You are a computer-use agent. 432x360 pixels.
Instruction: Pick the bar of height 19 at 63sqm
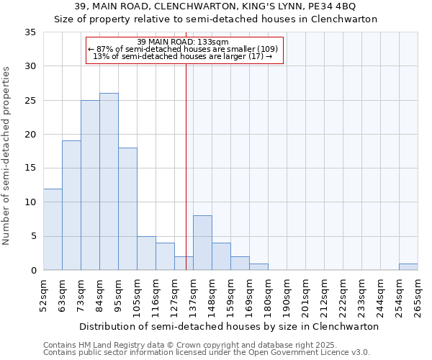pos(71,205)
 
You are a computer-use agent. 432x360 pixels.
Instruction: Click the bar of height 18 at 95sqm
pos(127,209)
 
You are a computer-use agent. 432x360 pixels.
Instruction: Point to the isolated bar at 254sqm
pos(408,266)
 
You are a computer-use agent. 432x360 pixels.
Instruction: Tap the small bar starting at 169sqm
pos(258,266)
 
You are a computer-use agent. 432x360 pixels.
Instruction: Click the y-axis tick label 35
pos(30,32)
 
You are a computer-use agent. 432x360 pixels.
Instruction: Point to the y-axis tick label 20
pos(30,135)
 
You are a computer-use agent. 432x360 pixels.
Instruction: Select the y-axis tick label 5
pos(33,237)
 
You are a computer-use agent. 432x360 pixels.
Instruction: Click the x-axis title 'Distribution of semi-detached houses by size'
pos(228,326)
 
